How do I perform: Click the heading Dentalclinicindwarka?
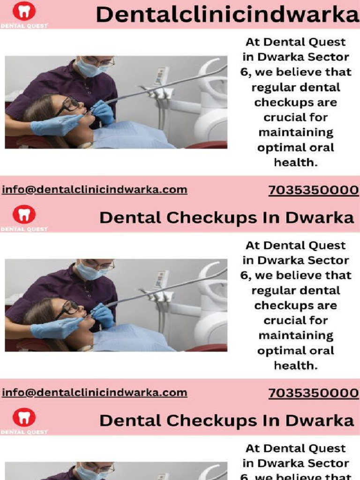(227, 15)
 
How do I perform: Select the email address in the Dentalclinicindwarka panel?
(95, 190)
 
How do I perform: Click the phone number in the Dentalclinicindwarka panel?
(313, 191)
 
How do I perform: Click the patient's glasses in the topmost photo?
(69, 105)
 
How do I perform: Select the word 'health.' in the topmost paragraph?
(296, 162)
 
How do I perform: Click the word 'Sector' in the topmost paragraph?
(331, 57)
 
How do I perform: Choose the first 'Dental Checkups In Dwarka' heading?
(226, 218)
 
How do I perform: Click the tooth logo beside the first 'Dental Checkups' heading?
(24, 215)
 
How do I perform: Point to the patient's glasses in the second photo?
(69, 308)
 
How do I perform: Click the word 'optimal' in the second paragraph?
(277, 351)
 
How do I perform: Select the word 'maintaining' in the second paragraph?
(296, 336)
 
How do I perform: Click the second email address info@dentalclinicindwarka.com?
(95, 393)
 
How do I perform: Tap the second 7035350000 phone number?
(313, 394)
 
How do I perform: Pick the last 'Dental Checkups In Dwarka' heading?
(226, 421)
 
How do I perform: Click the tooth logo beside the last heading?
(24, 417)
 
